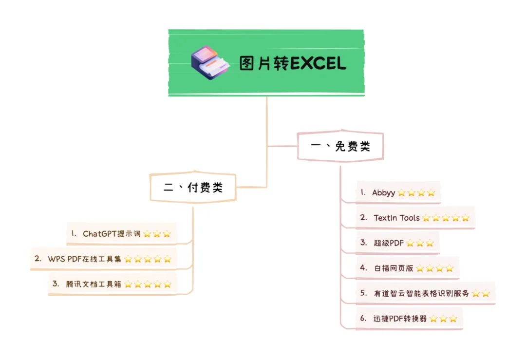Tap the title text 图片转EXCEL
pyautogui.click(x=293, y=63)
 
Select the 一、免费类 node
pyautogui.click(x=340, y=146)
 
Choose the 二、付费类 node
pyautogui.click(x=193, y=187)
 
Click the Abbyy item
pyautogui.click(x=383, y=192)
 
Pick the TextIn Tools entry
pyautogui.click(x=396, y=218)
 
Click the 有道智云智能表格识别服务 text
pyautogui.click(x=421, y=293)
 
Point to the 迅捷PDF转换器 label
pyautogui.click(x=400, y=319)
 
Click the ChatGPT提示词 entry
pyautogui.click(x=112, y=234)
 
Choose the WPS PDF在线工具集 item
pyautogui.click(x=84, y=259)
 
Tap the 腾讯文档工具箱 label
pyautogui.click(x=94, y=284)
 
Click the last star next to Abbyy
pyautogui.click(x=431, y=193)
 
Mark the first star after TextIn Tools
pyautogui.click(x=426, y=218)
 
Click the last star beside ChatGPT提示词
pyautogui.click(x=167, y=234)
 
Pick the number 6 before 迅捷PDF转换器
pyautogui.click(x=363, y=319)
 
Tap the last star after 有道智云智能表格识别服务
pyautogui.click(x=486, y=294)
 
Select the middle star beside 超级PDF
pyautogui.click(x=420, y=243)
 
